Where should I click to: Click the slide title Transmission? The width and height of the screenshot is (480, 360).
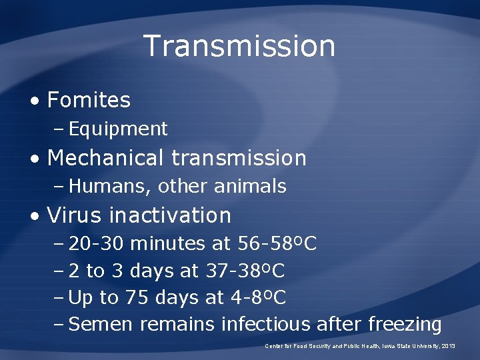(239, 46)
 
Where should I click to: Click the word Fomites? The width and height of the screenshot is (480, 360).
(89, 100)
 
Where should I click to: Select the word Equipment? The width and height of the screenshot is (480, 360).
(118, 129)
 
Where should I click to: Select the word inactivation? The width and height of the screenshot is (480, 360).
(170, 215)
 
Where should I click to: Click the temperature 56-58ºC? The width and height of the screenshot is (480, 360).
(277, 245)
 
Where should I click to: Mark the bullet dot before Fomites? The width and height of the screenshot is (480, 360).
(34, 101)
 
